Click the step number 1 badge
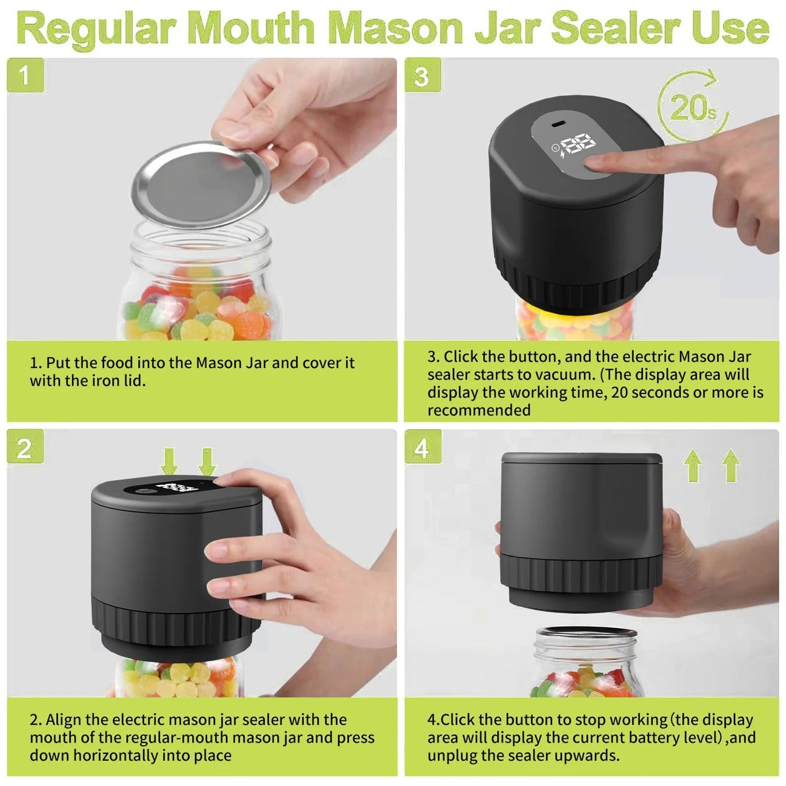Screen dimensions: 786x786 tap(25, 76)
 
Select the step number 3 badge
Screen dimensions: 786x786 tap(422, 76)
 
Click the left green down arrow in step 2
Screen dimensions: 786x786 tap(169, 462)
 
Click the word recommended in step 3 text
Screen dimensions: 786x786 tap(479, 410)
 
